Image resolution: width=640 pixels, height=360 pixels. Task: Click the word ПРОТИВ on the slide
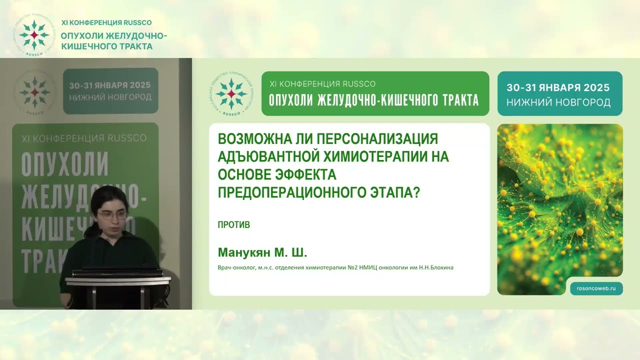coord(233,225)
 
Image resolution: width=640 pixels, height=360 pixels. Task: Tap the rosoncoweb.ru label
coord(596,288)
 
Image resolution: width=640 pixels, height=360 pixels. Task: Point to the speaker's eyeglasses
coord(112,215)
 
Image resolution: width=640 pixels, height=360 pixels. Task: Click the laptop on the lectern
coord(116,272)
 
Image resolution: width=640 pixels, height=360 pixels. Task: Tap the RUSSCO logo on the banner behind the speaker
coord(34,92)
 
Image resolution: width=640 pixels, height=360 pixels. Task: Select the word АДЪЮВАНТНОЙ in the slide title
coord(267,156)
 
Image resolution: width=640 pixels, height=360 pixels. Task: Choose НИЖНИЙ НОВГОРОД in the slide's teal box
coord(558,102)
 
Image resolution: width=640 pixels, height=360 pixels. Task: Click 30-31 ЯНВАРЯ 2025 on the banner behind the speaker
coord(110,85)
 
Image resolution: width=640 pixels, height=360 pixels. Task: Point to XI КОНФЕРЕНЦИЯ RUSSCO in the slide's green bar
coord(322,83)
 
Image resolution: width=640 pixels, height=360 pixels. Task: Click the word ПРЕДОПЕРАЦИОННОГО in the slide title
coord(296,192)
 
